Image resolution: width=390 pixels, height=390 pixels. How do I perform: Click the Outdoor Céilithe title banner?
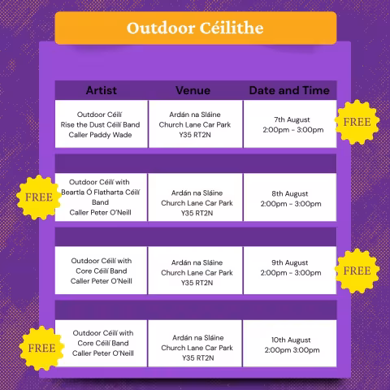tap(195, 28)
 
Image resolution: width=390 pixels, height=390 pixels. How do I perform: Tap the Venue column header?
tap(196, 89)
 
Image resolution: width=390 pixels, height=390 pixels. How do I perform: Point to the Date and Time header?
tap(289, 89)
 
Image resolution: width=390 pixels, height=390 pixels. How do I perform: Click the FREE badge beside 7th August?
tap(357, 122)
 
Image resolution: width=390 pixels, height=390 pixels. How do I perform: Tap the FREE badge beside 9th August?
tap(357, 270)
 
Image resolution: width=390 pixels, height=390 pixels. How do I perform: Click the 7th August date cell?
tap(290, 124)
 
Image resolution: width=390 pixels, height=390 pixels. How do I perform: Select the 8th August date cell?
tap(290, 198)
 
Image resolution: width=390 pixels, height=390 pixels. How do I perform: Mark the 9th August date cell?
tap(290, 268)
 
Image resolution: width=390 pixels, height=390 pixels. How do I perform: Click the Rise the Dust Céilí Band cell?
tap(102, 124)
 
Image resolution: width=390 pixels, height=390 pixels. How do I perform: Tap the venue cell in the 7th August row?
tap(196, 124)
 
